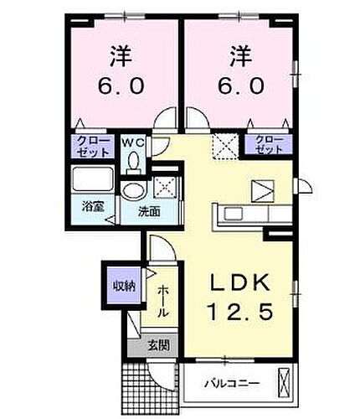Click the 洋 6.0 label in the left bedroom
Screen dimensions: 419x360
pyautogui.click(x=120, y=73)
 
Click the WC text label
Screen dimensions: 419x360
pyautogui.click(x=134, y=142)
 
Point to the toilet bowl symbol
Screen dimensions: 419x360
pyautogui.click(x=134, y=163)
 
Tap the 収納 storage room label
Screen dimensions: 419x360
pyautogui.click(x=124, y=286)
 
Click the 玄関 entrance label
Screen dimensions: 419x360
pyautogui.click(x=157, y=344)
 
